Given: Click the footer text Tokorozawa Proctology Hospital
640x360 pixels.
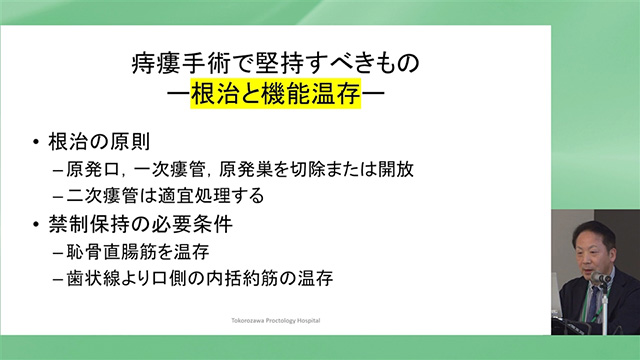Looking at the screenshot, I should (x=279, y=323).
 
